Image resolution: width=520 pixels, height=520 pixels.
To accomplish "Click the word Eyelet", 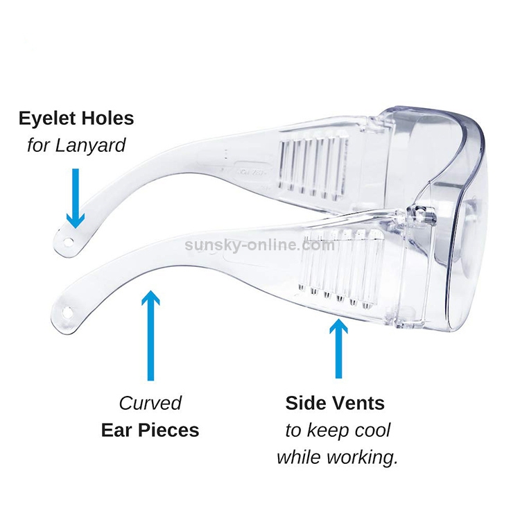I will click(46, 118).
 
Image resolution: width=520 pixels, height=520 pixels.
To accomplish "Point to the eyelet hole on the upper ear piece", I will click(69, 240).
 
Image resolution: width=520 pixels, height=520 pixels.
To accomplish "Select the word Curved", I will click(150, 403).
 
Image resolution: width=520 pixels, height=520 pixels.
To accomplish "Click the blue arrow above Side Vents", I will click(338, 347).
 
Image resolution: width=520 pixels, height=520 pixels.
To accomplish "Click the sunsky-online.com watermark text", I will click(260, 244).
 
